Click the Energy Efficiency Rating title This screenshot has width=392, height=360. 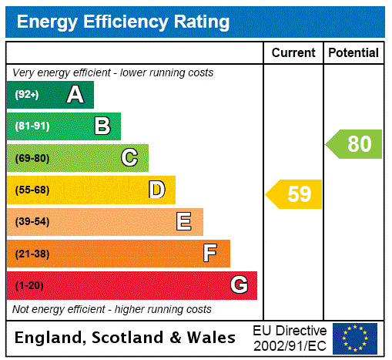pyautogui.click(x=123, y=22)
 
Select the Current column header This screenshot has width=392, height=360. pyautogui.click(x=293, y=53)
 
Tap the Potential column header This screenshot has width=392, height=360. pyautogui.click(x=353, y=53)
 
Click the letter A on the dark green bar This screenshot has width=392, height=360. pyautogui.click(x=75, y=95)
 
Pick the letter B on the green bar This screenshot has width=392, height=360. pyautogui.click(x=102, y=126)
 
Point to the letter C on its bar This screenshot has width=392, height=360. pyautogui.click(x=129, y=158)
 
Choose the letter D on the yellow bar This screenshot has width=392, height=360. pyautogui.click(x=156, y=190)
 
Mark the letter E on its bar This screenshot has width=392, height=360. pyautogui.click(x=184, y=222)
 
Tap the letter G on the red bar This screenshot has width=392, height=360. pyautogui.click(x=239, y=285)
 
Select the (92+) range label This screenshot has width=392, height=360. pyautogui.click(x=27, y=95)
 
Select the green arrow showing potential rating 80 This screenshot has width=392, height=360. pyautogui.click(x=355, y=144)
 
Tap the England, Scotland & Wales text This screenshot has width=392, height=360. pyautogui.click(x=126, y=338)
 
